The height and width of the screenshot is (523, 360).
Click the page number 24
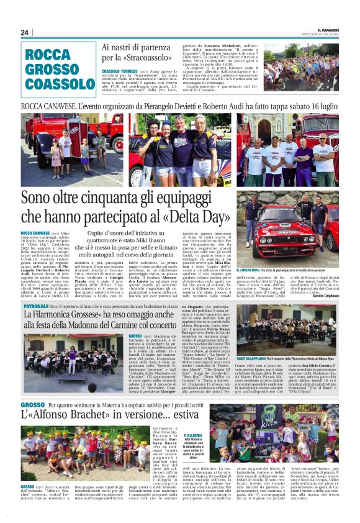coord(25,33)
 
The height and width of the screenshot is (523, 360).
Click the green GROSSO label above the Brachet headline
coord(32,404)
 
